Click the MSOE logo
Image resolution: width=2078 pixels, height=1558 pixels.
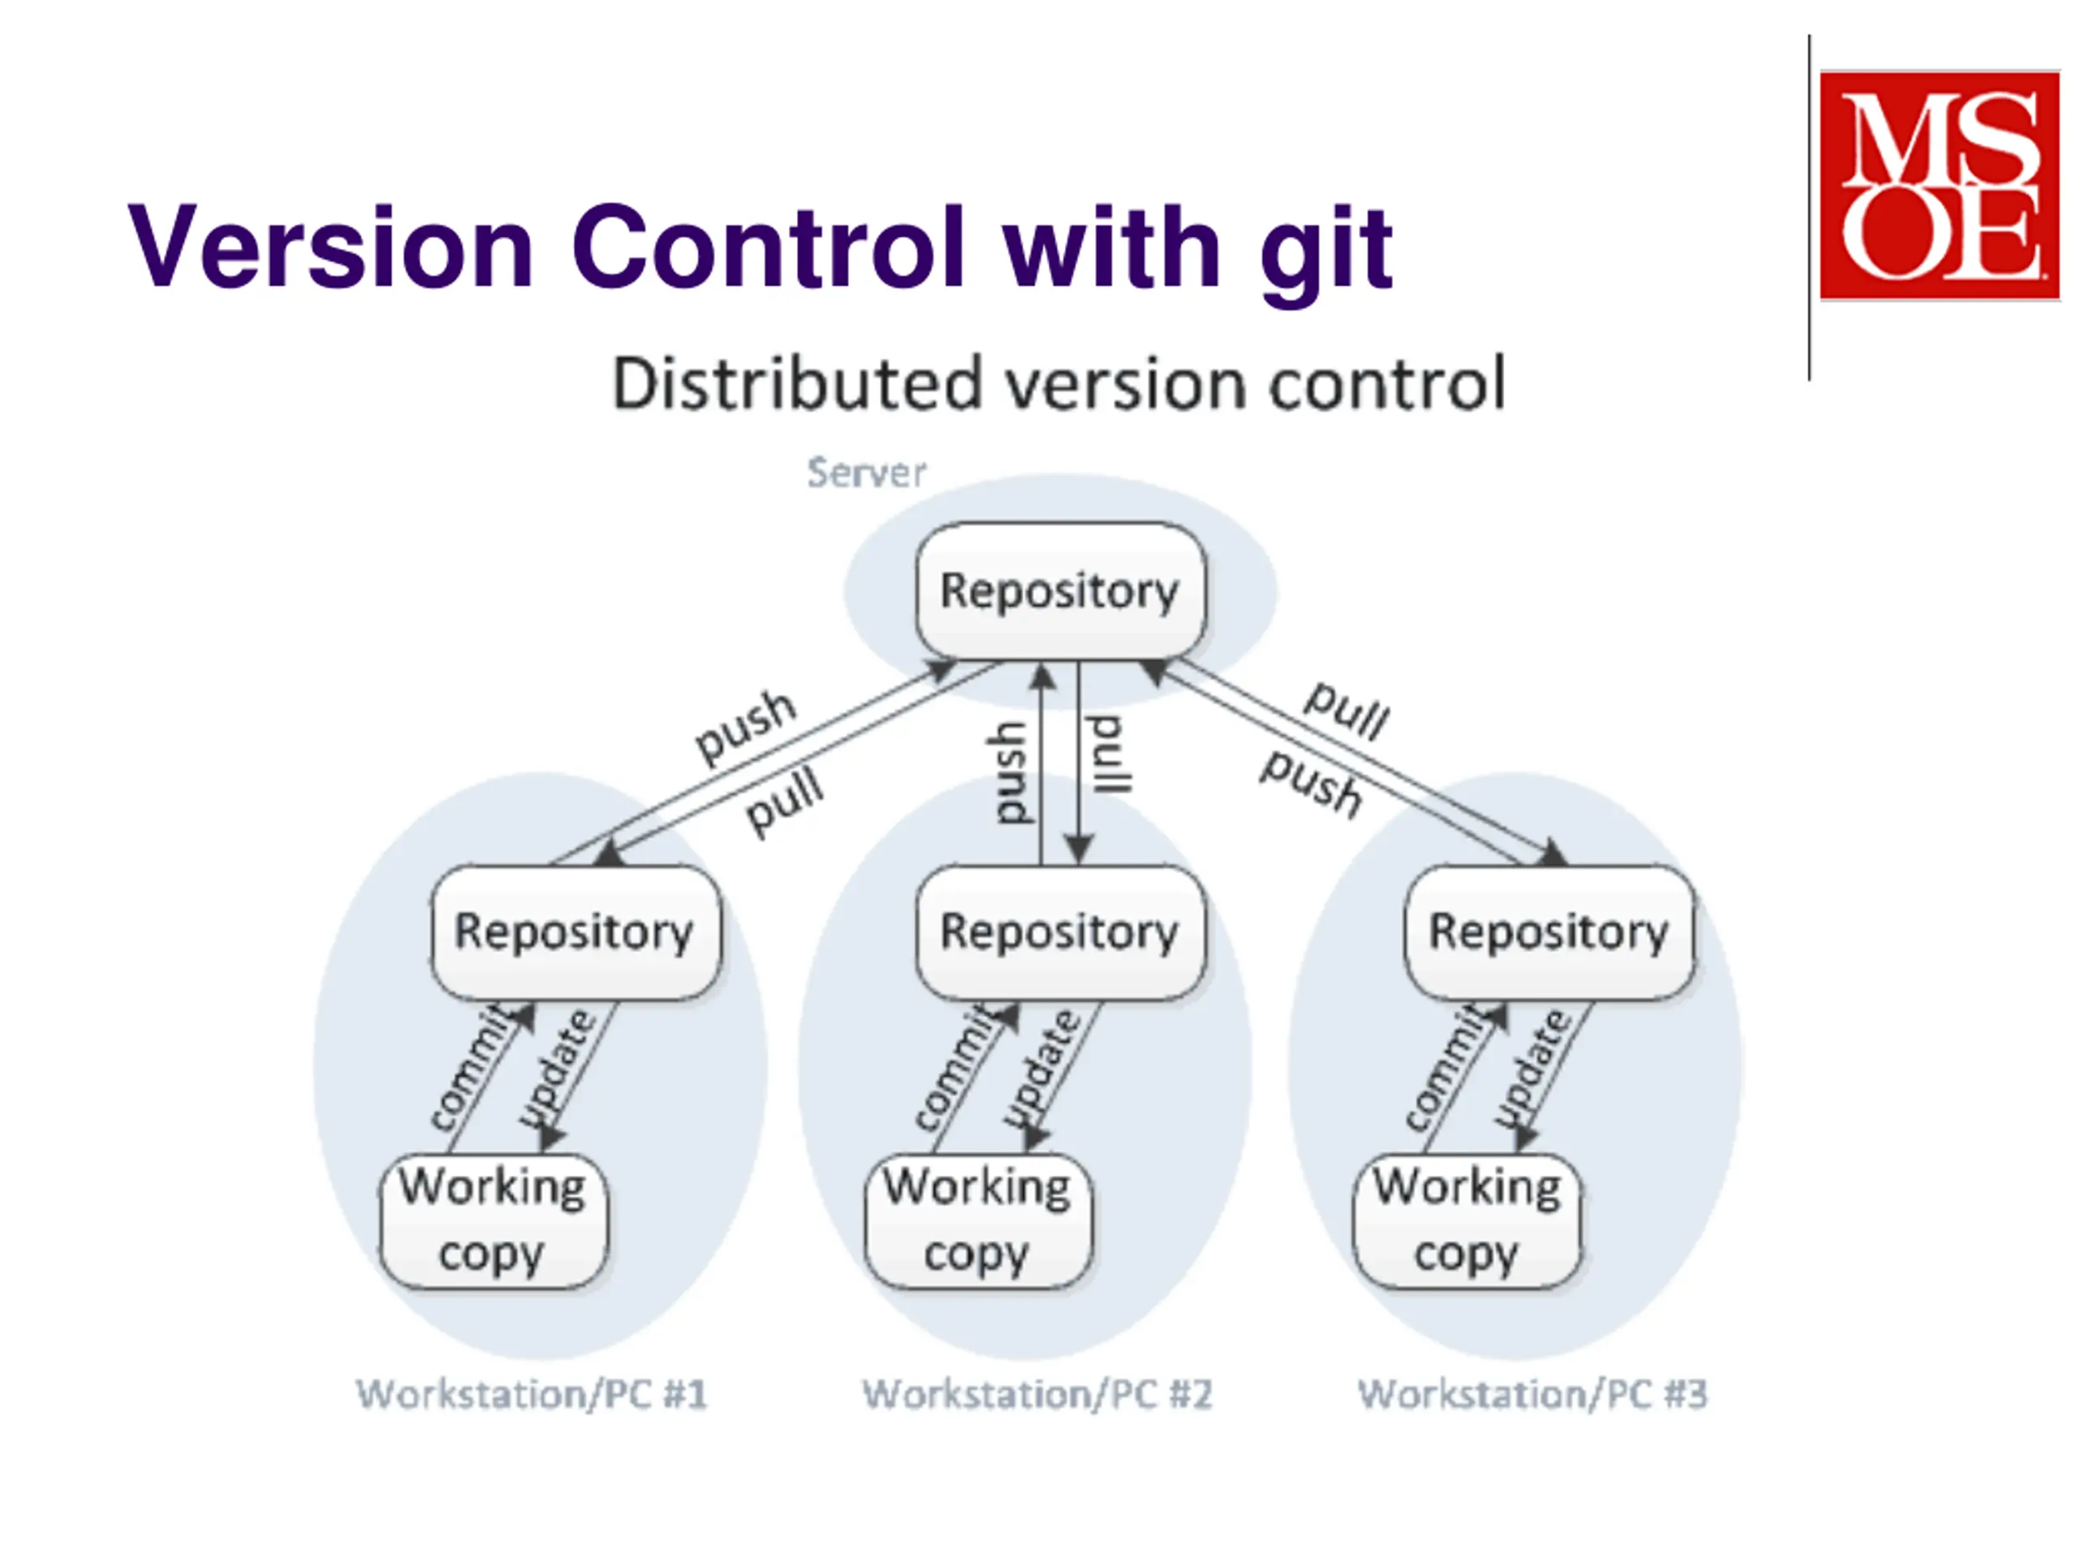pos(1939,185)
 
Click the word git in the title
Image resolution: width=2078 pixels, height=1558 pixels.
pos(1326,252)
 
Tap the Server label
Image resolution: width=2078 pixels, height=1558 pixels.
pos(866,472)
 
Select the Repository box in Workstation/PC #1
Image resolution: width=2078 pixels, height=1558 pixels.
pos(576,932)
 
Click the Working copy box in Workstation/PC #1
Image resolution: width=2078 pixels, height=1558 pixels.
pos(494,1221)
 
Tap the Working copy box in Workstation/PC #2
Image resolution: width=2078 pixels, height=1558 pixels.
pos(978,1221)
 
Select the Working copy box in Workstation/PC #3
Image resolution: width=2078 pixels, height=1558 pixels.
pos(1468,1221)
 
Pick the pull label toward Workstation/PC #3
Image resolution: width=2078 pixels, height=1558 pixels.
pos(1346,710)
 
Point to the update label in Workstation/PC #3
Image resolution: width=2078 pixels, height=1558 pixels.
pos(1534,1069)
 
